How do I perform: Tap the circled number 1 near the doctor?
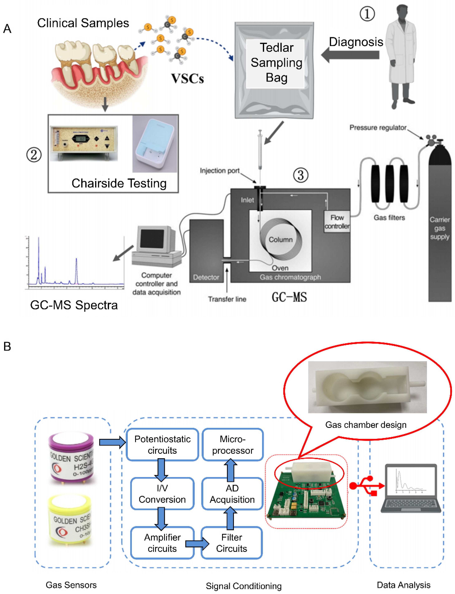(367, 14)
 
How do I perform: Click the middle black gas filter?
(389, 184)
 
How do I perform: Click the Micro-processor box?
(232, 444)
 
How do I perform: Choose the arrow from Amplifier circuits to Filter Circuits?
(197, 543)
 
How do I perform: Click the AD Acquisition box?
(232, 494)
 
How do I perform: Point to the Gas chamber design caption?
(366, 425)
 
